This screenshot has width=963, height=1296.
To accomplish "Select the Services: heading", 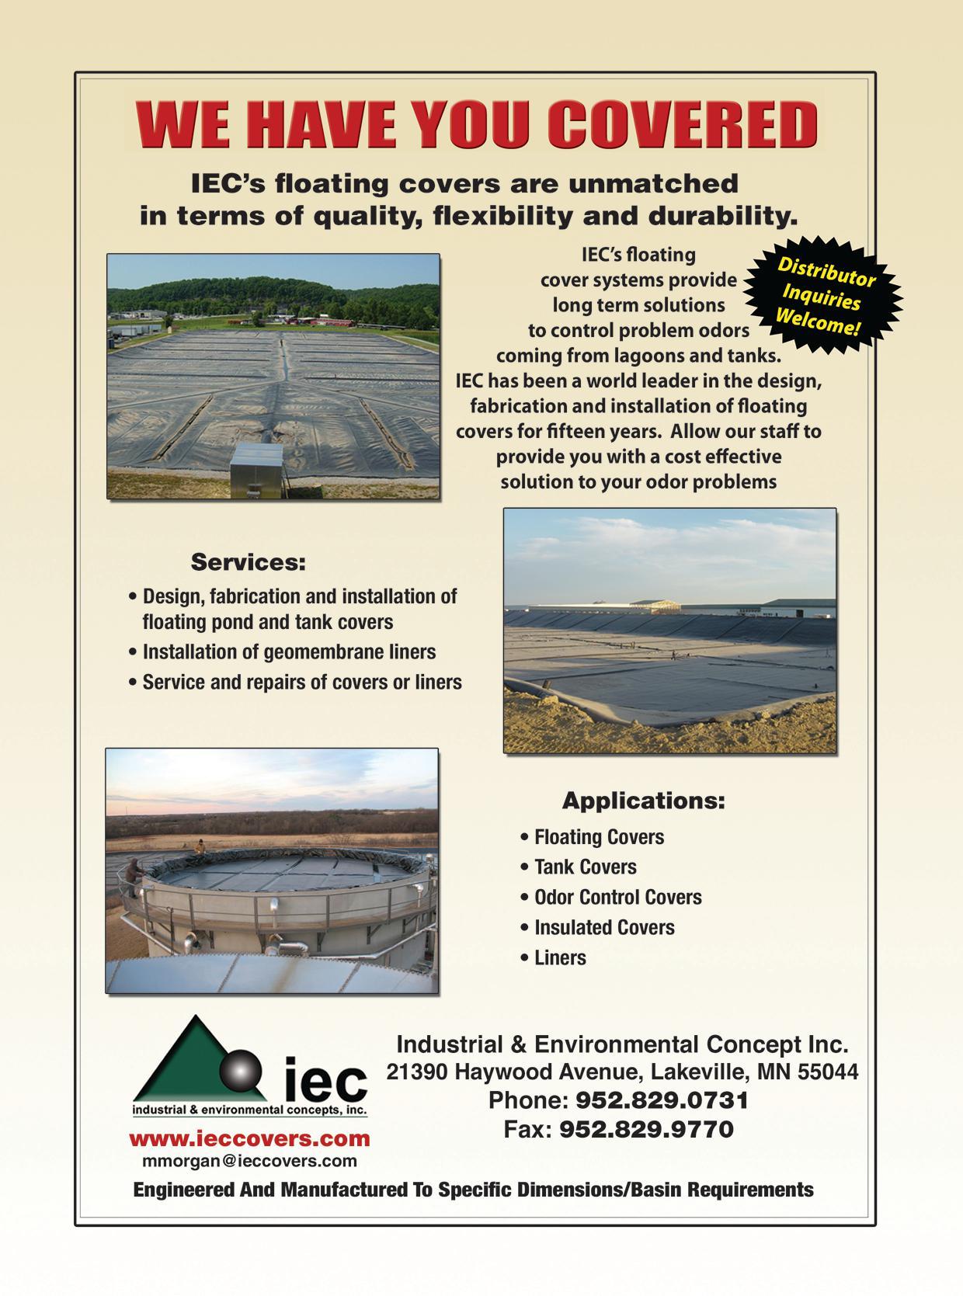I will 249,562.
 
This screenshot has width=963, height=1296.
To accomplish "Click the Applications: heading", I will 643,800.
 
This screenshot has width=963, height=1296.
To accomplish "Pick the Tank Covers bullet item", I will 585,867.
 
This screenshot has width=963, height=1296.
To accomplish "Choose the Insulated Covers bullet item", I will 603,927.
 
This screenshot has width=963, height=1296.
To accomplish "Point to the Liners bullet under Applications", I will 559,957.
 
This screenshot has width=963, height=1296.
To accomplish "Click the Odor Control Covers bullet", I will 617,897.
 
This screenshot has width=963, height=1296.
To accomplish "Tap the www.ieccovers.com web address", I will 249,1138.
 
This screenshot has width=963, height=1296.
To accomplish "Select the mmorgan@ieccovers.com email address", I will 249,1161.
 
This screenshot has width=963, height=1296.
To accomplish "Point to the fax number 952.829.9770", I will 646,1128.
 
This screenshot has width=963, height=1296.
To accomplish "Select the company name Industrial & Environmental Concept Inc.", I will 622,1043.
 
